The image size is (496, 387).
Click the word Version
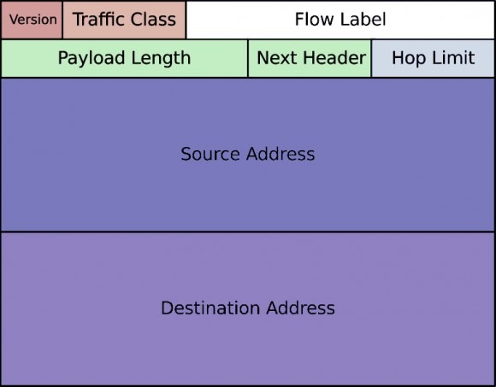click(32, 20)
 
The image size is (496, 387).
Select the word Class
click(153, 20)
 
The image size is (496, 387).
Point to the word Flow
click(313, 20)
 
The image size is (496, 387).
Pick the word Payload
click(92, 58)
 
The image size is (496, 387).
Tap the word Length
click(161, 58)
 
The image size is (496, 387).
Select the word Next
click(277, 58)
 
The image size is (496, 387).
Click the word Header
click(334, 58)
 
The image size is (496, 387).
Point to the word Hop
click(410, 58)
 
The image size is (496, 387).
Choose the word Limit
click(453, 58)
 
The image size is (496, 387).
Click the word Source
click(210, 154)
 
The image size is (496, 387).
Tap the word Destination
click(211, 308)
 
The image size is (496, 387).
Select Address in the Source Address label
click(280, 154)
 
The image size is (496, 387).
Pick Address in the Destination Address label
click(300, 308)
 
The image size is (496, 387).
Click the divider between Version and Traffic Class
click(62, 20)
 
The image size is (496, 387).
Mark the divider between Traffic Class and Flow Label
click(186, 20)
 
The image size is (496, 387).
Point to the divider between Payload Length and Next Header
click(248, 58)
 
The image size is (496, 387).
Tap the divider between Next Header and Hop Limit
click(371, 58)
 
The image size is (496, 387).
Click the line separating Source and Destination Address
click(248, 232)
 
